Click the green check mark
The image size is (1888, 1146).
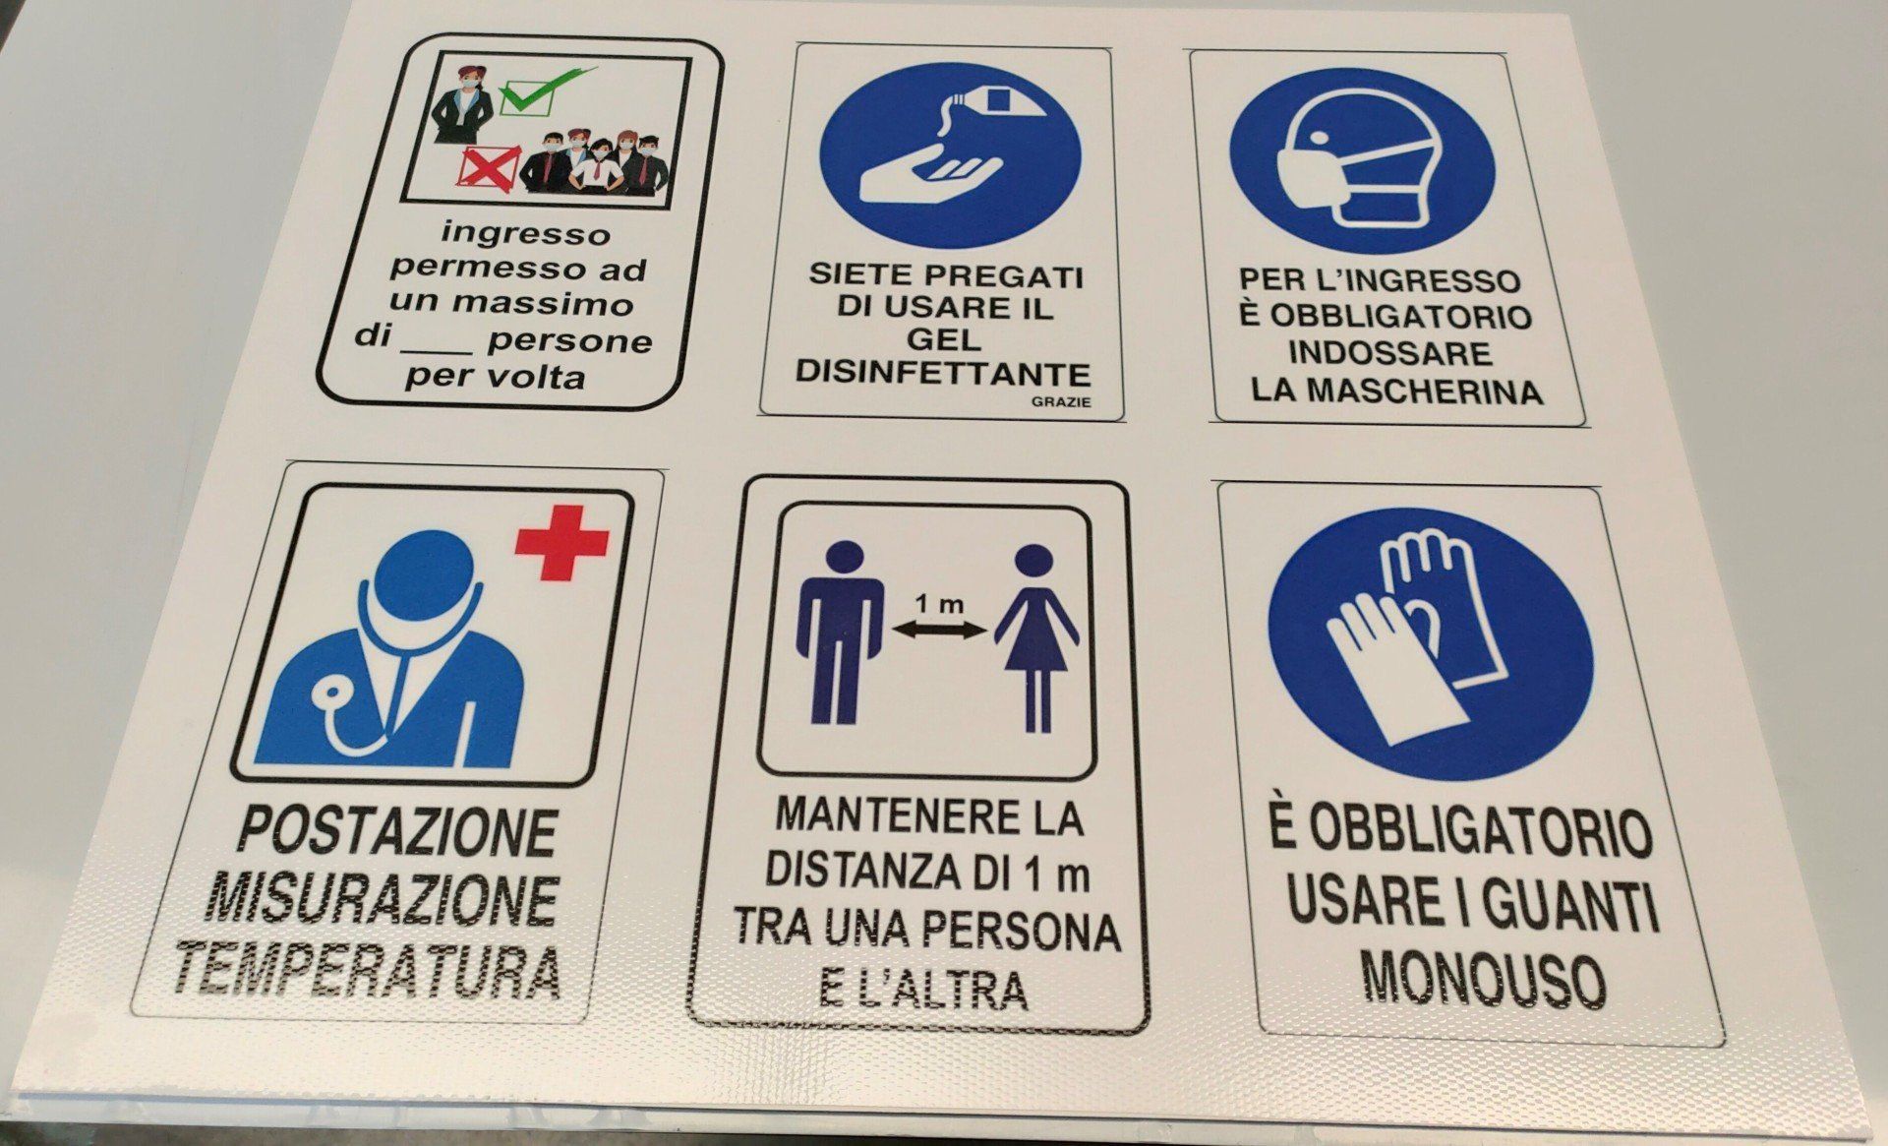[548, 87]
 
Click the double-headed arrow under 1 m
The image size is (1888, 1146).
[937, 633]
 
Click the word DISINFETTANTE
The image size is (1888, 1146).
[943, 374]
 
